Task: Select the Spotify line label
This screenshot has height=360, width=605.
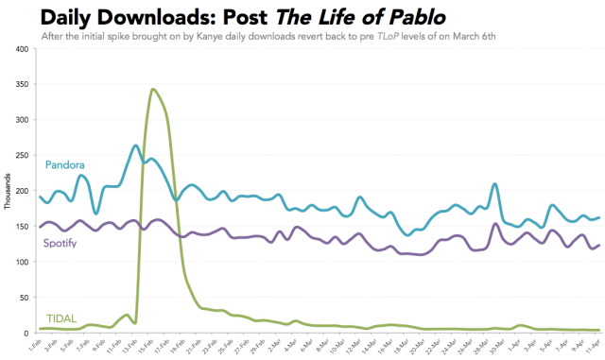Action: (x=60, y=243)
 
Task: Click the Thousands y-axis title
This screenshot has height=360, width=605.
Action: (x=8, y=192)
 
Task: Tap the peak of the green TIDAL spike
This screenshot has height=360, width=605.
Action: (x=152, y=90)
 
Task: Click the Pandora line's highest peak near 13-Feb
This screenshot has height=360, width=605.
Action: (x=136, y=146)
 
